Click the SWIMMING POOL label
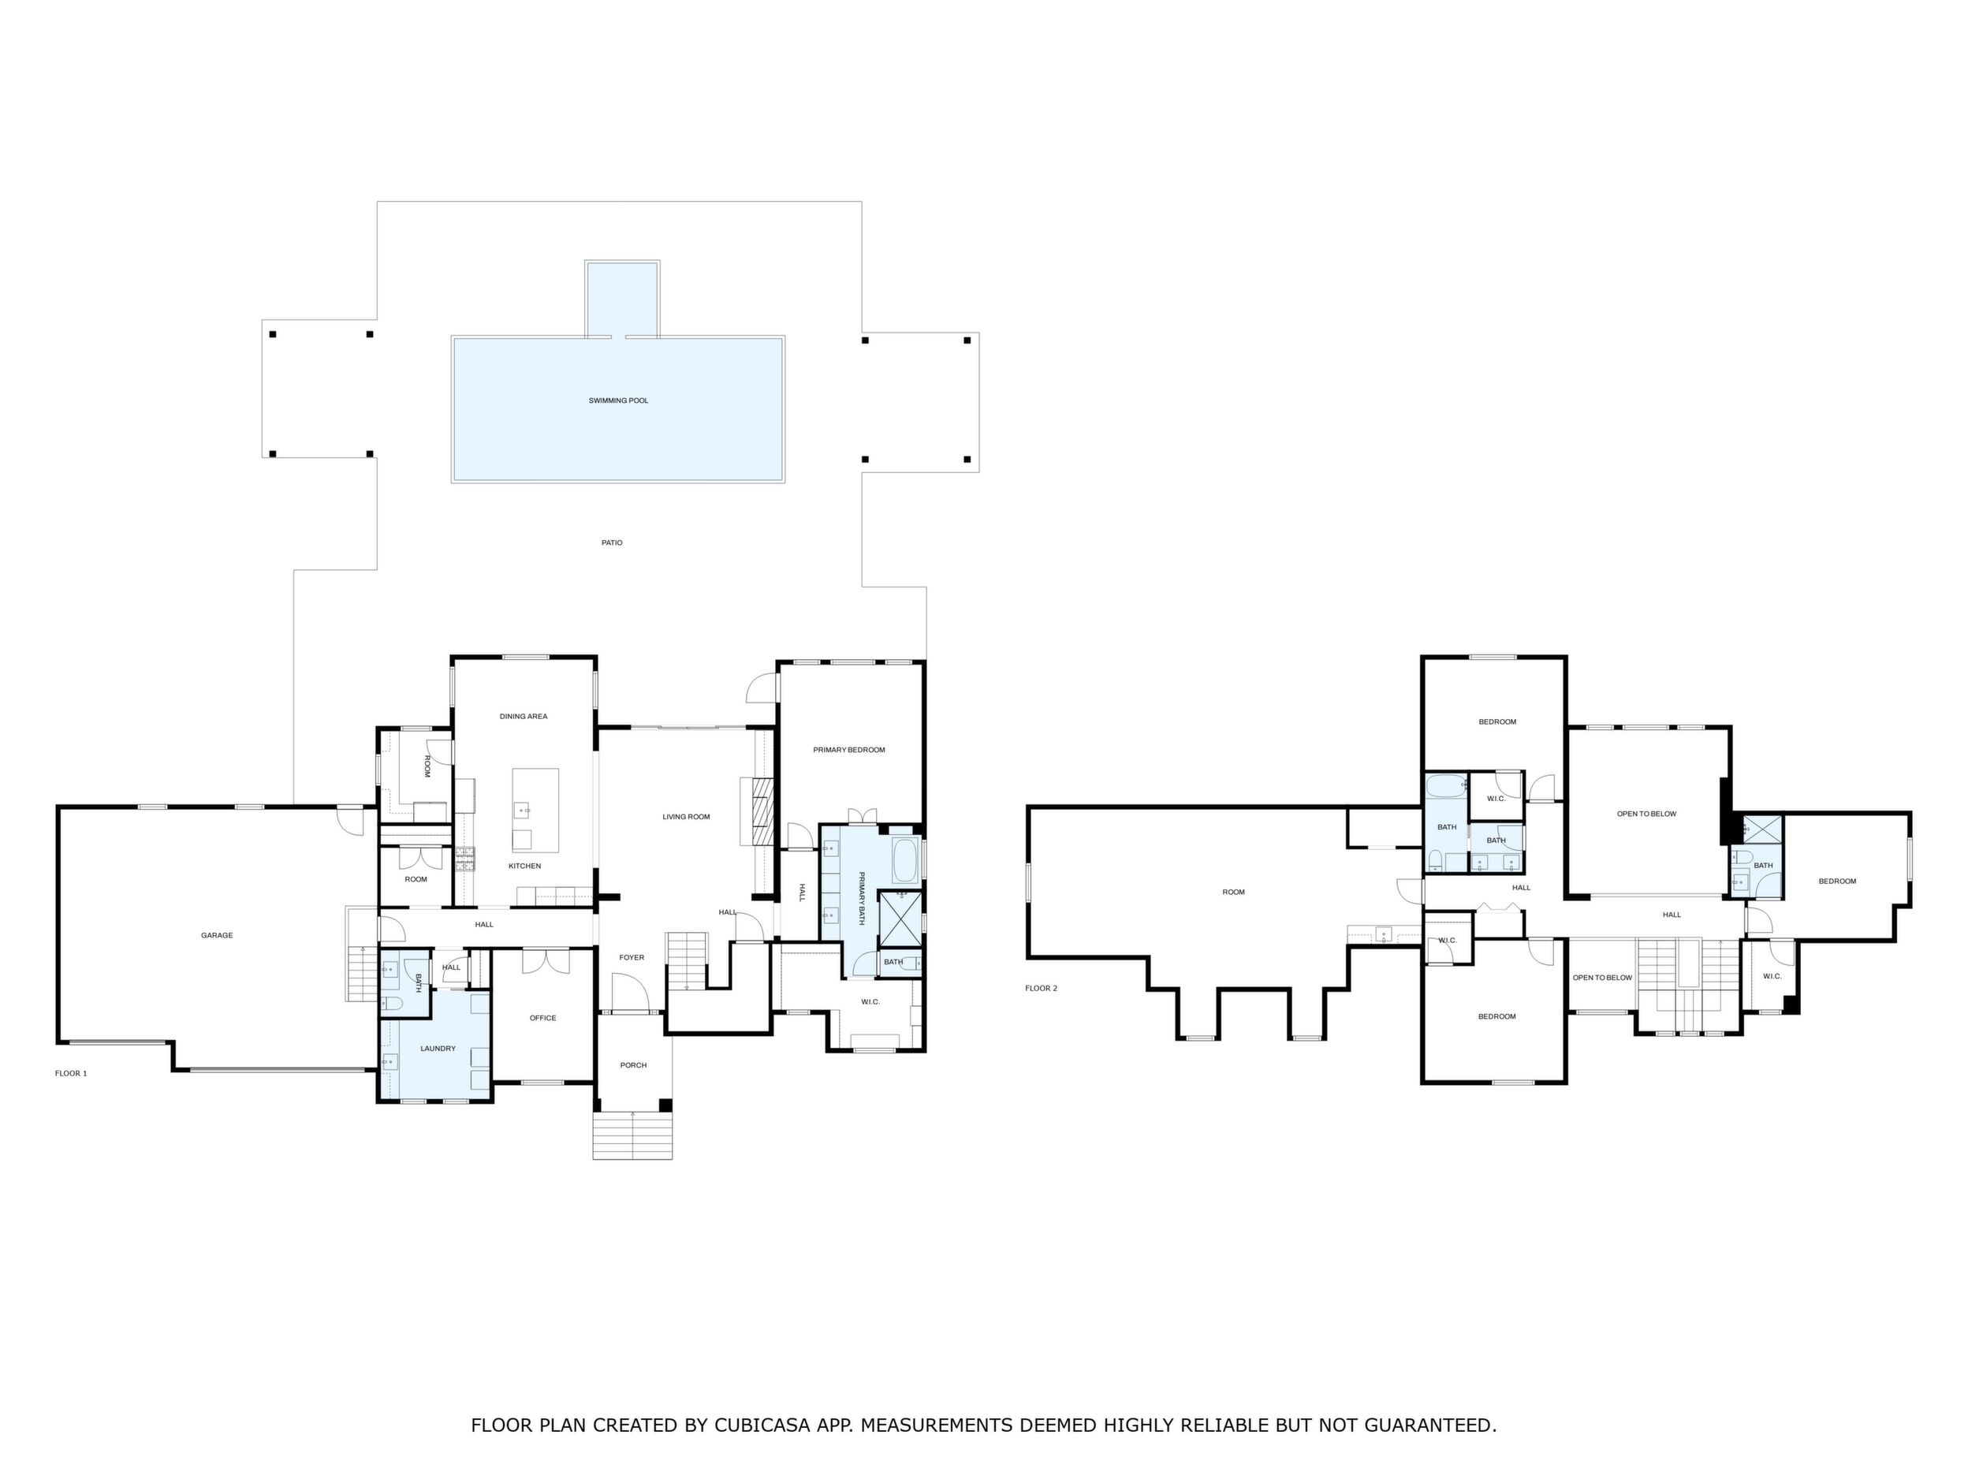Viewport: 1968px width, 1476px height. [x=618, y=401]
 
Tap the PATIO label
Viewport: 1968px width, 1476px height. [x=612, y=542]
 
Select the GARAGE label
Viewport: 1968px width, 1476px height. [x=217, y=935]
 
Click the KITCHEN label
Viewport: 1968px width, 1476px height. [x=525, y=866]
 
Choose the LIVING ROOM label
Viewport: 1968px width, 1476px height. [x=686, y=817]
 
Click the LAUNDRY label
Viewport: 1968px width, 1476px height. [x=438, y=1049]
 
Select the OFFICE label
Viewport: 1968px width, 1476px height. [x=542, y=1018]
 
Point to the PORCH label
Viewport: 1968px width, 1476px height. [x=633, y=1065]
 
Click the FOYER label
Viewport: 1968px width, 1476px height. [x=632, y=957]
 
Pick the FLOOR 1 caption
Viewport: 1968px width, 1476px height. [x=71, y=1074]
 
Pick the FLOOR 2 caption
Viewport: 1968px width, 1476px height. [x=1041, y=989]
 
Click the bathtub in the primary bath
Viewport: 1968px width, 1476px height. [x=905, y=860]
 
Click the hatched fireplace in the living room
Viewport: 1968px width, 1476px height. [x=762, y=812]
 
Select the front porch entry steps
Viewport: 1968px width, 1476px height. [x=632, y=1135]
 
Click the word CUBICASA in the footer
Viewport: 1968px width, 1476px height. [x=762, y=1426]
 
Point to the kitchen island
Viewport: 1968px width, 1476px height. [x=535, y=811]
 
